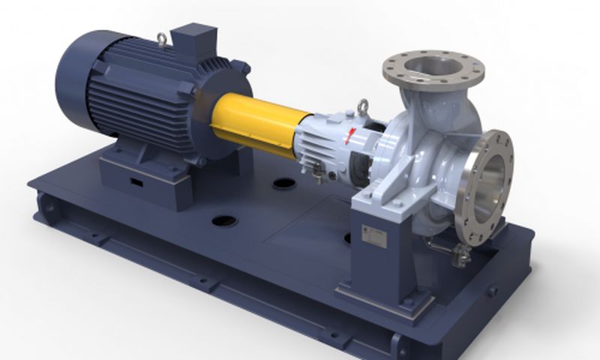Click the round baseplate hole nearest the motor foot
(225, 221)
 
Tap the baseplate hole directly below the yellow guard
(283, 182)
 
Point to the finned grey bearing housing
(319, 139)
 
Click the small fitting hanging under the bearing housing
(320, 175)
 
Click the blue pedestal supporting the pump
(375, 255)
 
